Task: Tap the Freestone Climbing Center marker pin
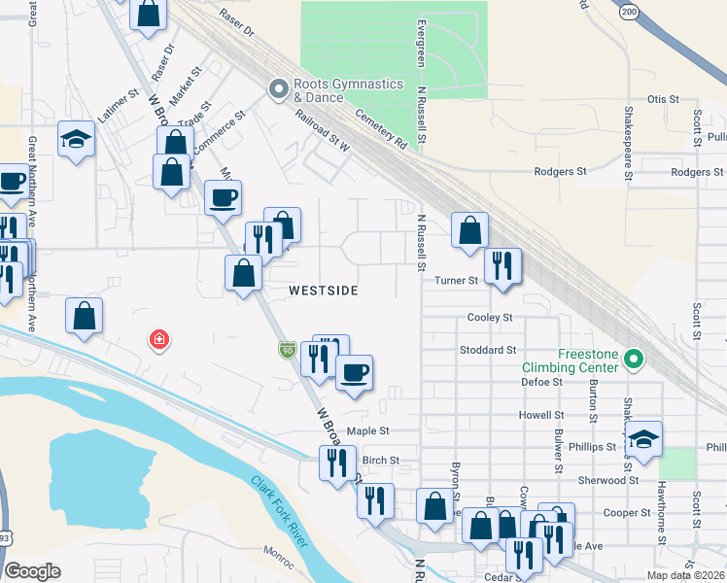pos(635,360)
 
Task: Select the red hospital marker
pos(157,339)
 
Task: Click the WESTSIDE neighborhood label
pos(324,291)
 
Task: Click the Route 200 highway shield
pos(628,11)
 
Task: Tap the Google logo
pos(32,571)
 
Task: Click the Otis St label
pos(662,99)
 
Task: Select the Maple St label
pos(367,430)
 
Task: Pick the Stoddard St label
pos(488,350)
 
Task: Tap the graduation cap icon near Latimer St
pos(75,139)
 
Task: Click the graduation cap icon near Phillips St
pos(642,440)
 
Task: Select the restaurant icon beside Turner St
pos(502,266)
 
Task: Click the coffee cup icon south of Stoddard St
pos(354,372)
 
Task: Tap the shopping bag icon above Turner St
pos(469,230)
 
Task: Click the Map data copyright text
pos(686,575)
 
